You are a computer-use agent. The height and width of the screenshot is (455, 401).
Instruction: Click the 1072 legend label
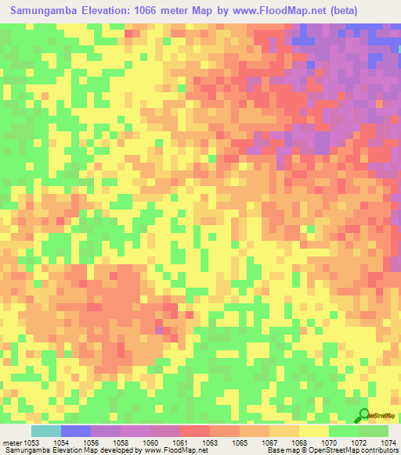[357, 442]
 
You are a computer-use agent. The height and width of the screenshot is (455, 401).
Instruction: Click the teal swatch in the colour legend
[45, 431]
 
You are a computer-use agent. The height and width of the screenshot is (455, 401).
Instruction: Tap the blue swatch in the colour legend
[75, 431]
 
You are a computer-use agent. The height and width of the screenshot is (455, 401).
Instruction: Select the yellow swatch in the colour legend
[313, 431]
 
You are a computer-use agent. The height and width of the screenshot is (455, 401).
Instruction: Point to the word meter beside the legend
[13, 442]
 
